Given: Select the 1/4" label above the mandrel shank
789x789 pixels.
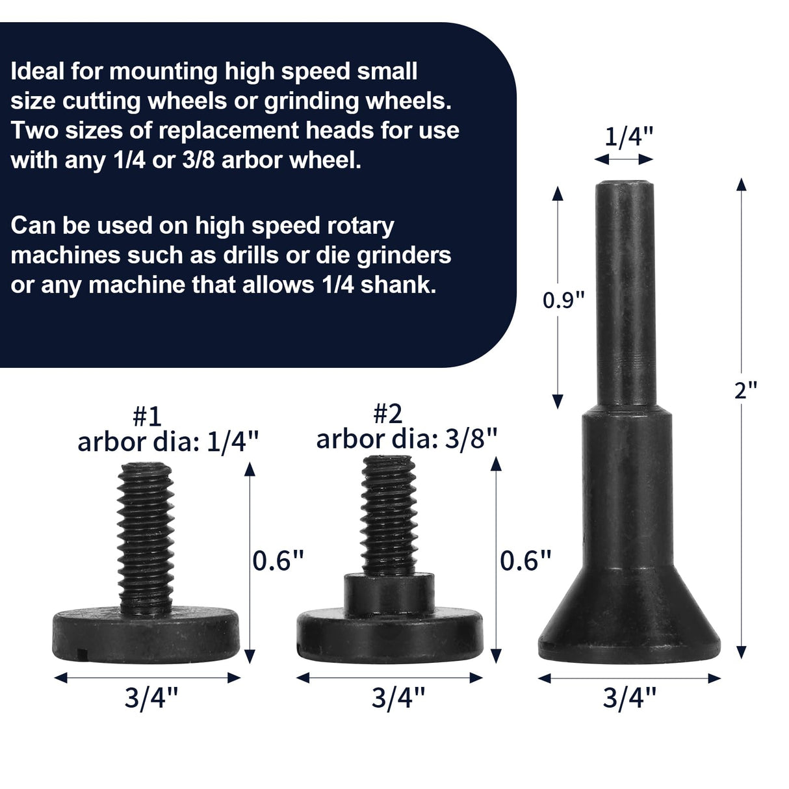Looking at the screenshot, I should [x=628, y=137].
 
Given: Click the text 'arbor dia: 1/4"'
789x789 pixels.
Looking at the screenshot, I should [x=168, y=442].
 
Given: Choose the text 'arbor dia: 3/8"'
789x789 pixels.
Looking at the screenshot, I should [x=407, y=439].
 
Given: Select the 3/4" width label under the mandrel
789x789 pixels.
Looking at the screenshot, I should [x=629, y=699].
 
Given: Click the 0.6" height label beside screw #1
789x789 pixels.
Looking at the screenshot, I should [x=278, y=560].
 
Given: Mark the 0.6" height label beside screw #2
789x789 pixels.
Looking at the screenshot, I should [x=525, y=560].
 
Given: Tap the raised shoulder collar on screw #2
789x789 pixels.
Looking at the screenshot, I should [x=389, y=591].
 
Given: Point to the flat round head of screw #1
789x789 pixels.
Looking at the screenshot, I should [x=146, y=634].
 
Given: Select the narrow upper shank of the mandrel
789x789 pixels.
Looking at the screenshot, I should [x=625, y=292].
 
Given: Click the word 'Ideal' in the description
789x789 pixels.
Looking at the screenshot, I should [x=38, y=71].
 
